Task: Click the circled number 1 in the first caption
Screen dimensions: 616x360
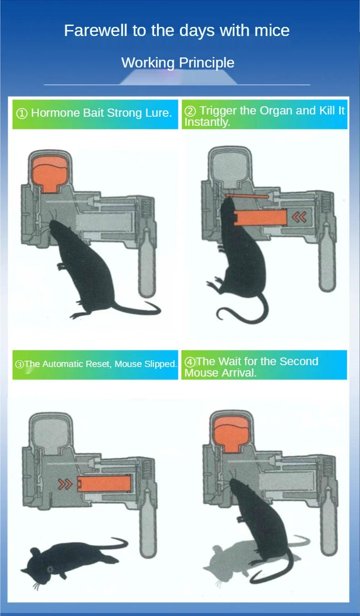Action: (22, 114)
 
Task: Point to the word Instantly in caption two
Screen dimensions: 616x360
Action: (207, 122)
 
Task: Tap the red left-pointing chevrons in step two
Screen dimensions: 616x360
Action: (299, 217)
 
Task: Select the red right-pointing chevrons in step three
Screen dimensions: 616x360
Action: (65, 484)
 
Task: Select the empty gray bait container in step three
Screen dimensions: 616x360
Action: (51, 433)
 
